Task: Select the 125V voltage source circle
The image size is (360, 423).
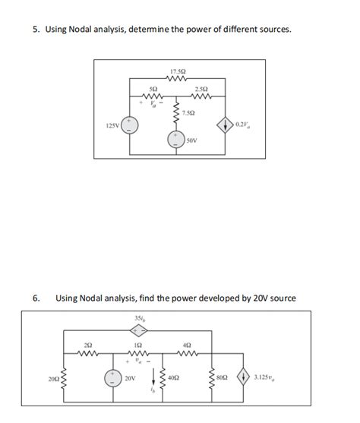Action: pyautogui.click(x=131, y=125)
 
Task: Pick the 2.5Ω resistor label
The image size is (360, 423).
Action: pyautogui.click(x=201, y=90)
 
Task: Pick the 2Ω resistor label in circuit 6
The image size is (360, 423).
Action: pyautogui.click(x=89, y=345)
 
